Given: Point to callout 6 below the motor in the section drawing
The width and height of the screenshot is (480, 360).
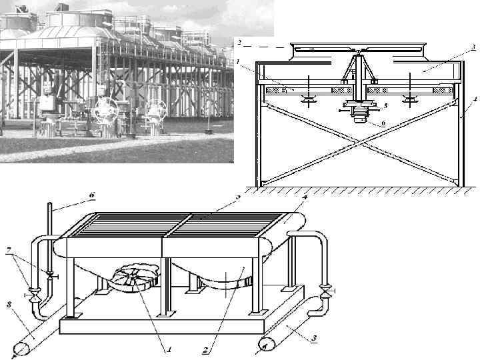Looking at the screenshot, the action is (383, 123).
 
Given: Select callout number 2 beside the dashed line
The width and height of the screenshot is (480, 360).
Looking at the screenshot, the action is (239, 42).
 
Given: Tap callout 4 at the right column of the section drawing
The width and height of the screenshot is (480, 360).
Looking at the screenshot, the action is (475, 98).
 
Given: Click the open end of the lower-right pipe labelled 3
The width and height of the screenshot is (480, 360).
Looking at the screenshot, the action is (265, 345).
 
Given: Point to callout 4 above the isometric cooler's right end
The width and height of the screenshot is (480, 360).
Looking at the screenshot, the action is (305, 198).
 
